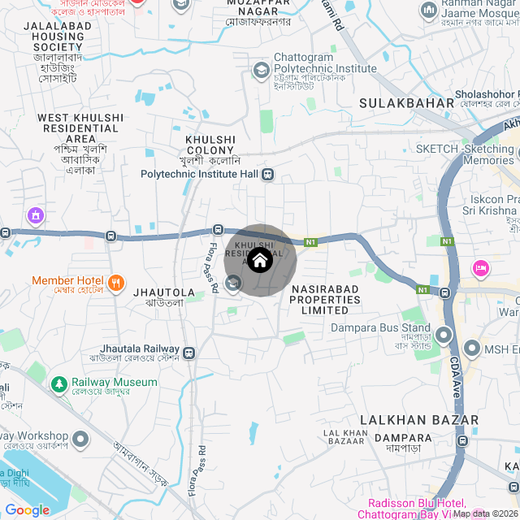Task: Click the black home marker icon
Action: [260, 261]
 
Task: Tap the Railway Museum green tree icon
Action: [59, 383]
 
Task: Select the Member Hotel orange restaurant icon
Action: [117, 282]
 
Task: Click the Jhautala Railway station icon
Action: [188, 353]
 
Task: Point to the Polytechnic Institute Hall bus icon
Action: [268, 174]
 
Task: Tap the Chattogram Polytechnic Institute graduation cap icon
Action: [261, 71]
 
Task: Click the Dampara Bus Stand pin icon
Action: [444, 334]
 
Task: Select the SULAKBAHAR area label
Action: [406, 103]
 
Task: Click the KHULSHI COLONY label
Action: [210, 145]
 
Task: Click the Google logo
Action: [27, 509]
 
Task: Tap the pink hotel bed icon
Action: [480, 266]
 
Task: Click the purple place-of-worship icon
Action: [35, 216]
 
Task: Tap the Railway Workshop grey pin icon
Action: [80, 440]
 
